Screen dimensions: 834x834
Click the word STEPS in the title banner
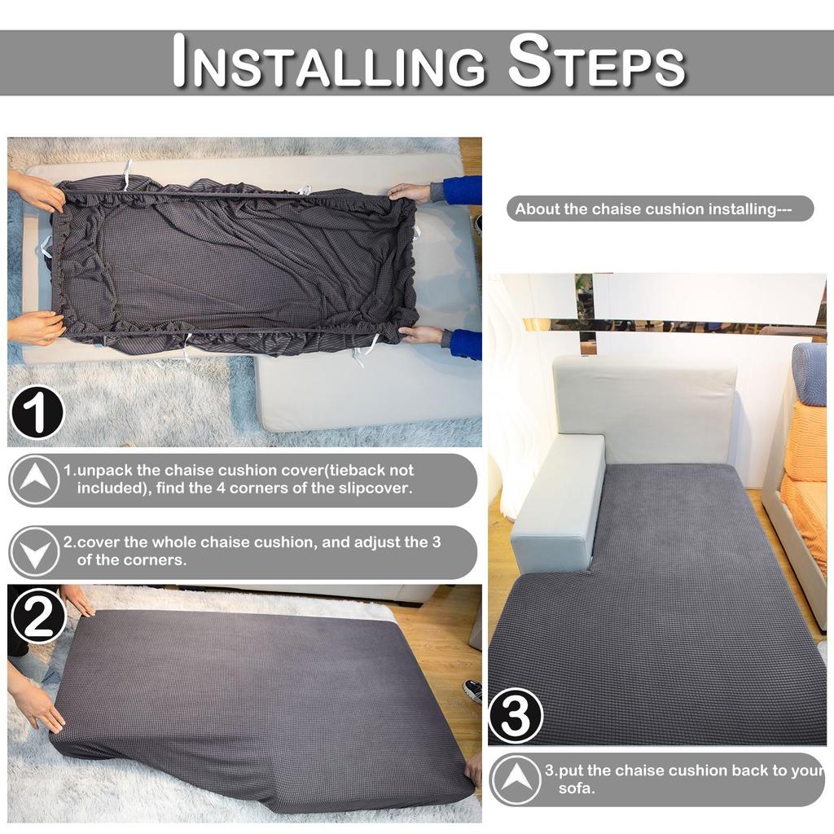pyautogui.click(x=595, y=63)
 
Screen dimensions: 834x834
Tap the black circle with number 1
pyautogui.click(x=37, y=412)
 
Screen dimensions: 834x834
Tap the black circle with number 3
pyautogui.click(x=516, y=716)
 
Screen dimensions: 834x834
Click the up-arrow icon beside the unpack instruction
pyautogui.click(x=33, y=479)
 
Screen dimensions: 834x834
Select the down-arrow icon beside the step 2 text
pyautogui.click(x=33, y=551)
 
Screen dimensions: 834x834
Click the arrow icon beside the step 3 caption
pyautogui.click(x=515, y=779)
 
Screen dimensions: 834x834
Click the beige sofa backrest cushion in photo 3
pyautogui.click(x=644, y=408)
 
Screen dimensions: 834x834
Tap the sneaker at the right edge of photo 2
pyautogui.click(x=472, y=691)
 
